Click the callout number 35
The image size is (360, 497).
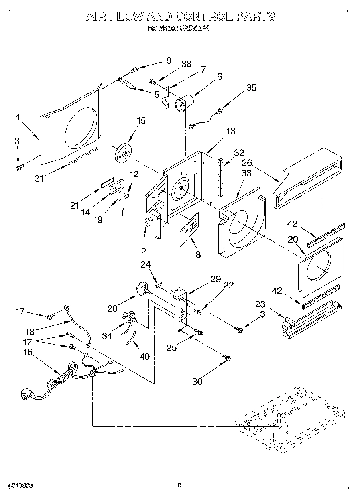[x=251, y=88]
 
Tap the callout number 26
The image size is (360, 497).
[x=247, y=163]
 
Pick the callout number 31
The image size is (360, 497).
[x=39, y=179]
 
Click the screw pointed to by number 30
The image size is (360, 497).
[x=226, y=357]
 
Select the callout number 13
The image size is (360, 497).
[x=231, y=131]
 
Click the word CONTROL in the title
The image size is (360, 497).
[x=200, y=16]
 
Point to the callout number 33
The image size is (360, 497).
[x=246, y=173]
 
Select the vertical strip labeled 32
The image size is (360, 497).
[x=221, y=177]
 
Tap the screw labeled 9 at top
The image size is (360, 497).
[x=133, y=71]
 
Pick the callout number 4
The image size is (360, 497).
[x=17, y=118]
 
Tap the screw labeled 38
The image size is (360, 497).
[x=153, y=81]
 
